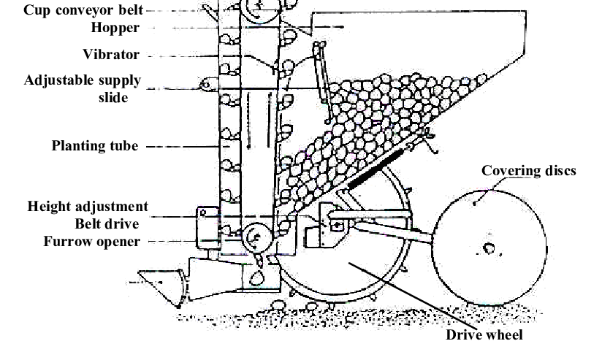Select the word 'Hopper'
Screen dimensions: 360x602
click(x=115, y=28)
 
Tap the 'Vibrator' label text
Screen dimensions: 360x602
click(x=111, y=54)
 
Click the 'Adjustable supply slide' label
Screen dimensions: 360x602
click(x=82, y=88)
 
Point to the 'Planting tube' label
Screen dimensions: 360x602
click(x=94, y=146)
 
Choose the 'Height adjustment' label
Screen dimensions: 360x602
click(x=88, y=207)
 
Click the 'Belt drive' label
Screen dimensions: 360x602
click(x=107, y=223)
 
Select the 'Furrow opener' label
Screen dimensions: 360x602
click(x=91, y=241)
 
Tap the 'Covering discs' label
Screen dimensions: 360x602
click(x=528, y=171)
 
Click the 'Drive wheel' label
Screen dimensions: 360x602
click(x=484, y=335)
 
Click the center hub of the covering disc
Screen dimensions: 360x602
click(x=489, y=249)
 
